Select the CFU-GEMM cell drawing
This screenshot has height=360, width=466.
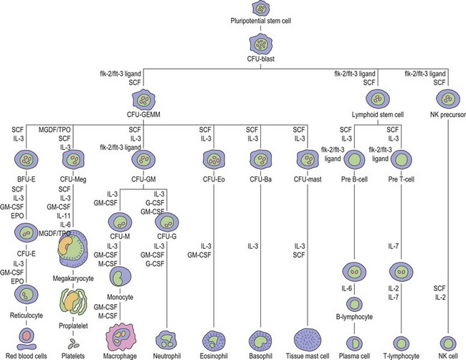coord(146,100)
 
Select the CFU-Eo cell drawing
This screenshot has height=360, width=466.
coord(213,158)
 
